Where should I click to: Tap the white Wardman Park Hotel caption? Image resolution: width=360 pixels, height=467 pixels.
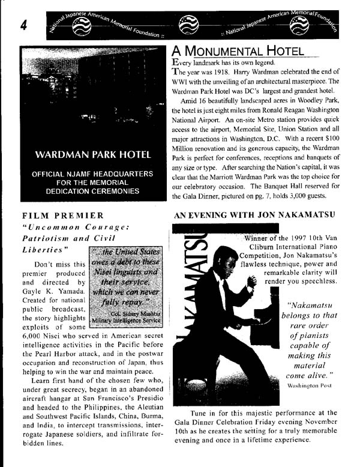92,155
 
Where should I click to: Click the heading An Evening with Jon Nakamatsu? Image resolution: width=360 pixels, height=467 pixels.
254,214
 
